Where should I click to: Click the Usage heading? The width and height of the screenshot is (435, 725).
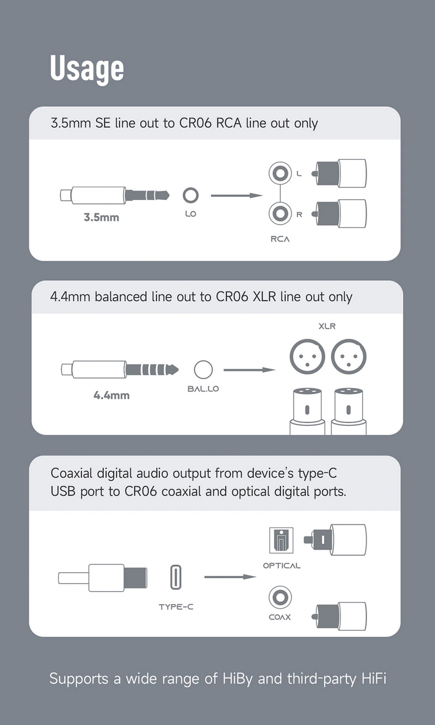coord(87,69)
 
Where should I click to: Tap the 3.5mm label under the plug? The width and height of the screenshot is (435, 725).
coord(101,218)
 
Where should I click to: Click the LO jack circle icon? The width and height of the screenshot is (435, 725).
coord(190,195)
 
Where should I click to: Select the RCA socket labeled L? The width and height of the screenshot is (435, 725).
coord(279,174)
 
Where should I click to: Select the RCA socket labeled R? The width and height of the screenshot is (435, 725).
coord(279,214)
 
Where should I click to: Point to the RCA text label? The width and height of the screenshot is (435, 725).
coord(280,239)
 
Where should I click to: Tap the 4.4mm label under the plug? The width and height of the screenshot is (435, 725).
coord(111,395)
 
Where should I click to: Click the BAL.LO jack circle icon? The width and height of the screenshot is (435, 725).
coord(203,370)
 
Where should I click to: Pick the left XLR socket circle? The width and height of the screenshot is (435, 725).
coord(307,356)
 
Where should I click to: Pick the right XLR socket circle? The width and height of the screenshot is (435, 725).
coord(349,356)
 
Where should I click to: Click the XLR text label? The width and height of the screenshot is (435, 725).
coord(327,327)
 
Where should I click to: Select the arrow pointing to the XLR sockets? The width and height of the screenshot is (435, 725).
coord(249,370)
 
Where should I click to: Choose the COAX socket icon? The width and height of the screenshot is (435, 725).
coord(280,597)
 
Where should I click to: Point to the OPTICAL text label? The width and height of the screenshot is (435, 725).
coord(282,566)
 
